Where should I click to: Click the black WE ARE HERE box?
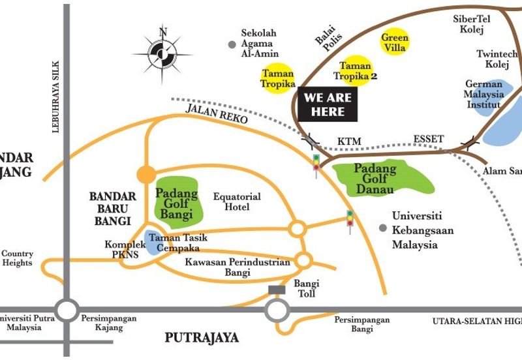[x=328, y=105]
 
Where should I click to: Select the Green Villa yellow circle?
[x=395, y=42]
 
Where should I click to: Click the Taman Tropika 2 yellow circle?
[x=356, y=70]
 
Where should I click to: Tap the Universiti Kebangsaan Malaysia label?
[x=423, y=230]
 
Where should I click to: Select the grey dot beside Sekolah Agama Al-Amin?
[x=232, y=44]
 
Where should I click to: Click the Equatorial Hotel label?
[x=238, y=202]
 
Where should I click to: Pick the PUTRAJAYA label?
[x=202, y=338]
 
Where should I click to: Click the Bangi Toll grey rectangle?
[x=277, y=290]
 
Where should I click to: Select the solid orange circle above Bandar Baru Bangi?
[x=146, y=174]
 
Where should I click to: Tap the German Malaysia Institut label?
[x=484, y=94]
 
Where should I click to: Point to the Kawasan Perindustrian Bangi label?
[x=237, y=267]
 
